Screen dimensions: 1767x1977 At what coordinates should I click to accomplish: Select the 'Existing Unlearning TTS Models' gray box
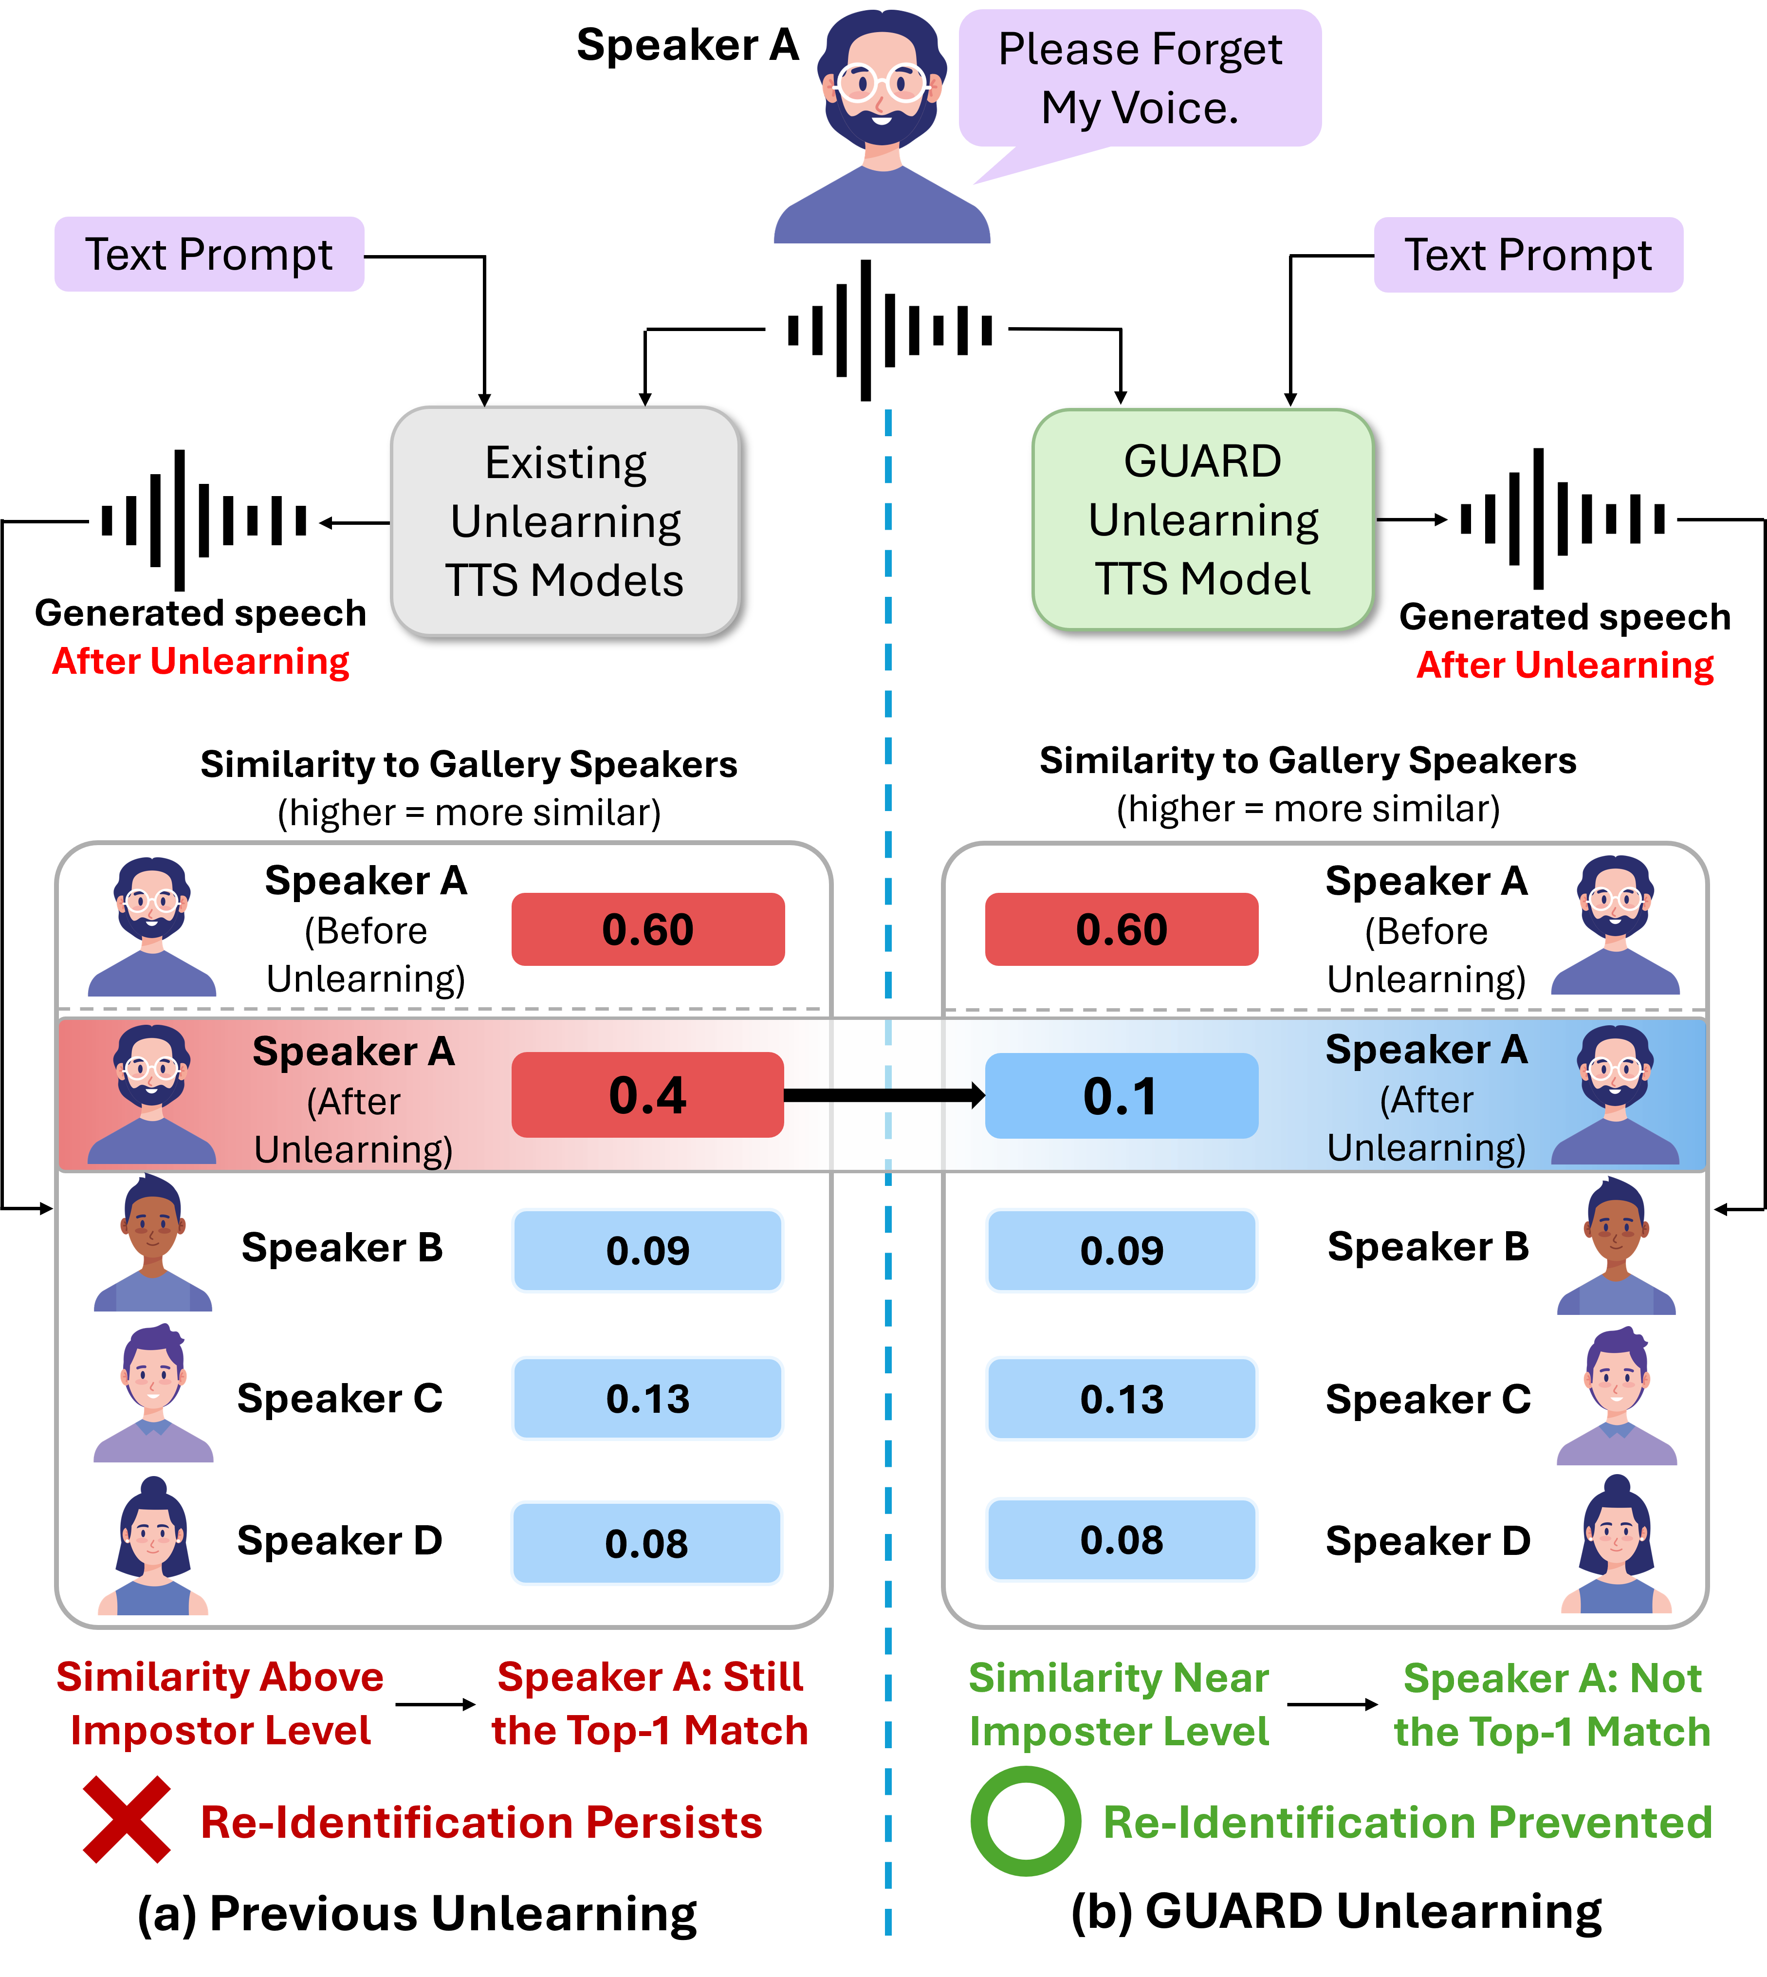(x=566, y=521)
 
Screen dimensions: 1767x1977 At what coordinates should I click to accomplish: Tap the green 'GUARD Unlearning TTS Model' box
(x=1203, y=519)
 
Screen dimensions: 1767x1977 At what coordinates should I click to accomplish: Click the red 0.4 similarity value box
(x=647, y=1094)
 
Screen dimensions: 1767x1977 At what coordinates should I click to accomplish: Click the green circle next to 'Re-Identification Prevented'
(x=1025, y=1821)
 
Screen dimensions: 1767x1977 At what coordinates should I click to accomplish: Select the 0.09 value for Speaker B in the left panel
(x=647, y=1251)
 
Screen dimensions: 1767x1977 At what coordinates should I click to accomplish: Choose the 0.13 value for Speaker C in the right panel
(x=1122, y=1398)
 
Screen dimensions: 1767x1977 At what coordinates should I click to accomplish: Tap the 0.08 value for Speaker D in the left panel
(x=646, y=1543)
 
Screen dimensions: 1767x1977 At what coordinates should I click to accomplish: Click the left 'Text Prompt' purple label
(x=209, y=255)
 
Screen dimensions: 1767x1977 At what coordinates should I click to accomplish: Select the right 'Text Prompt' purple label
(x=1528, y=255)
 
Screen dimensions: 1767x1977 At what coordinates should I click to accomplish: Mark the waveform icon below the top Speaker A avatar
(x=889, y=330)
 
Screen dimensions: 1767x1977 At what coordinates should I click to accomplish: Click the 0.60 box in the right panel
(x=1122, y=929)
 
